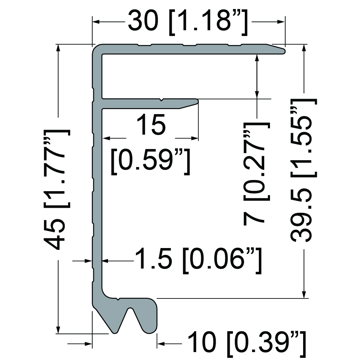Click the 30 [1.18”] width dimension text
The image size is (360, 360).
tap(188, 23)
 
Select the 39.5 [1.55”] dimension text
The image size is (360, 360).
tap(304, 170)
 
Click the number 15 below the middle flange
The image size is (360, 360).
tap(151, 125)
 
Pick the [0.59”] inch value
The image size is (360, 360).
tap(150, 162)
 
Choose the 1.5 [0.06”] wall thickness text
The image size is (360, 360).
tap(198, 261)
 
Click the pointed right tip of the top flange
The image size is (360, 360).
tap(284, 51)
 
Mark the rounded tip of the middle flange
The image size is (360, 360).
tap(197, 101)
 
